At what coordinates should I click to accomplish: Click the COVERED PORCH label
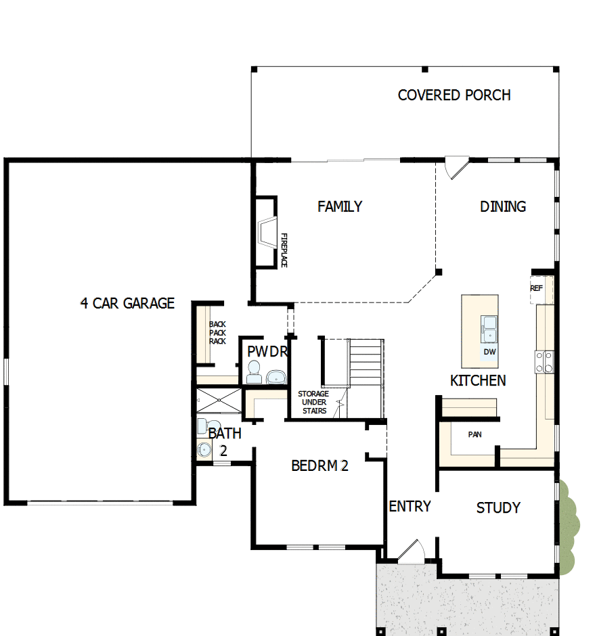454,95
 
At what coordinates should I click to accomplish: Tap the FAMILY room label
340,207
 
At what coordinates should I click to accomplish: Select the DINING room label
502,207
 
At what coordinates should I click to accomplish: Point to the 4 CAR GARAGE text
127,304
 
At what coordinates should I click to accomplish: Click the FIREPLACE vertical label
284,251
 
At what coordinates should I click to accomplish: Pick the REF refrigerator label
536,288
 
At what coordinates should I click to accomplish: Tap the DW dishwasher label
489,353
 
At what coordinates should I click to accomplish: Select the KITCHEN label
478,381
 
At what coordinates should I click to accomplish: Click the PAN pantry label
475,434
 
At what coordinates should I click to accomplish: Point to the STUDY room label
498,508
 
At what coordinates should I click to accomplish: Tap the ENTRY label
410,507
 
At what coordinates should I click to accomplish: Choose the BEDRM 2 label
319,466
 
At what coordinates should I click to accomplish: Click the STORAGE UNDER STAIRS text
313,403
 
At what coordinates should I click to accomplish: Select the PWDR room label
268,353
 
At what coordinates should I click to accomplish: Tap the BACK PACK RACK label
217,333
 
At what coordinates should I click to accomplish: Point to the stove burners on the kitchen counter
544,362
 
